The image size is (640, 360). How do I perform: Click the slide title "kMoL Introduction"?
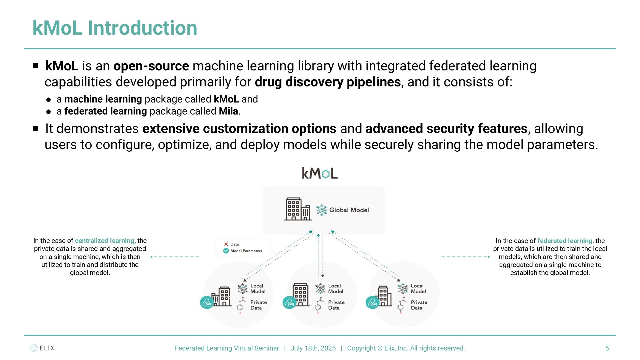click(115, 28)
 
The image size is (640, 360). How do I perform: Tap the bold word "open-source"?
click(151, 66)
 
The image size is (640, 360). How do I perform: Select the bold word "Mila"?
click(228, 111)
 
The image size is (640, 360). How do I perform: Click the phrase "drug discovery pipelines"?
click(328, 82)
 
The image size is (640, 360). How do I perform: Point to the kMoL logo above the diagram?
click(320, 173)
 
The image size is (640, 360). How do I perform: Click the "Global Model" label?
click(349, 210)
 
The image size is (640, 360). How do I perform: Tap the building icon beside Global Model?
click(297, 209)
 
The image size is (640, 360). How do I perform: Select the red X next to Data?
click(226, 244)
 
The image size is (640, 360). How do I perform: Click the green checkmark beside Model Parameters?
click(226, 251)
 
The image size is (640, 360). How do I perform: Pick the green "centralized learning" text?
click(104, 241)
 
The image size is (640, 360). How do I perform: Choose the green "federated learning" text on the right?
click(565, 241)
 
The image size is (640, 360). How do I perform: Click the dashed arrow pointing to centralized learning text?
click(174, 257)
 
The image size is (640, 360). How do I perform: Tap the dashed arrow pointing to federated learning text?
click(466, 257)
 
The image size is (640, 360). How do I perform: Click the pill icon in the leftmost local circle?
click(207, 303)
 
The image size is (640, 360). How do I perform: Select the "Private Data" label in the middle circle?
click(336, 305)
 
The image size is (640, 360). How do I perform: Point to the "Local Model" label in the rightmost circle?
click(418, 289)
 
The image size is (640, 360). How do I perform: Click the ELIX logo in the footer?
click(42, 348)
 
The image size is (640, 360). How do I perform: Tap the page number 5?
click(607, 348)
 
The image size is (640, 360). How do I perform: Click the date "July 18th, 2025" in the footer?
click(313, 348)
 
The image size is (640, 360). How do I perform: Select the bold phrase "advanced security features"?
click(446, 129)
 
